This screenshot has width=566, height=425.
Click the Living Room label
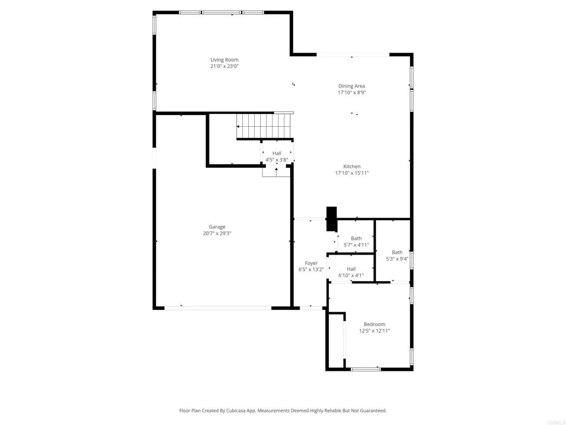(x=224, y=60)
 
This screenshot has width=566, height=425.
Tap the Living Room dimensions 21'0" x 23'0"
(x=224, y=66)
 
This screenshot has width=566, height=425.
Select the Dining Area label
(x=352, y=86)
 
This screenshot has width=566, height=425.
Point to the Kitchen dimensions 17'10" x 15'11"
(x=352, y=173)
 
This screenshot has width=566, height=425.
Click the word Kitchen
(x=352, y=167)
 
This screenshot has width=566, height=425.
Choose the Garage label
(x=217, y=227)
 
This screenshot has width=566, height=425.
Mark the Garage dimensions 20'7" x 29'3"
(x=217, y=234)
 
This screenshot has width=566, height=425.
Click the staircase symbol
(x=264, y=126)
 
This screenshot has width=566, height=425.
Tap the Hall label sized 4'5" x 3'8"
(x=277, y=153)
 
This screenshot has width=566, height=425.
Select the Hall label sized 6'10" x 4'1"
(x=352, y=268)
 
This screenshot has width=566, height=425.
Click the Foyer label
(x=311, y=263)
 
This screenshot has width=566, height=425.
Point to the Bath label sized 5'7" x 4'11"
(x=356, y=239)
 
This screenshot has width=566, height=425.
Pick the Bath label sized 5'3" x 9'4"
(x=397, y=252)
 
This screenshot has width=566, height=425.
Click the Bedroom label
(x=374, y=324)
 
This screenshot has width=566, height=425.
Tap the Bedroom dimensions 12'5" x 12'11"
(x=374, y=331)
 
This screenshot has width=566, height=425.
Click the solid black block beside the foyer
(x=332, y=219)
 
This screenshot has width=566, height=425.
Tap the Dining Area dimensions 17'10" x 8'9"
(x=352, y=93)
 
